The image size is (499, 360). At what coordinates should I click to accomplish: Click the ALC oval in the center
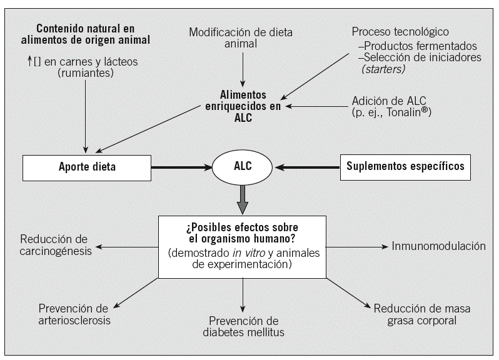(x=242, y=167)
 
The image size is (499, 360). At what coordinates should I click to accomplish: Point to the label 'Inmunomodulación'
(x=438, y=246)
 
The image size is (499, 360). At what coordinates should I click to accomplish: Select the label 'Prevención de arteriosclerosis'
(x=74, y=314)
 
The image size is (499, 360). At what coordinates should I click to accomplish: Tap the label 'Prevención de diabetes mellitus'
(x=244, y=326)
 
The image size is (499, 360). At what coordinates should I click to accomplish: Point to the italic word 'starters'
(x=383, y=69)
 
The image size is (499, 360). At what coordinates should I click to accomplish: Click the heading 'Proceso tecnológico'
(x=400, y=32)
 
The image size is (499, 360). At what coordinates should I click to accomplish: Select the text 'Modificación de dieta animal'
(x=241, y=37)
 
